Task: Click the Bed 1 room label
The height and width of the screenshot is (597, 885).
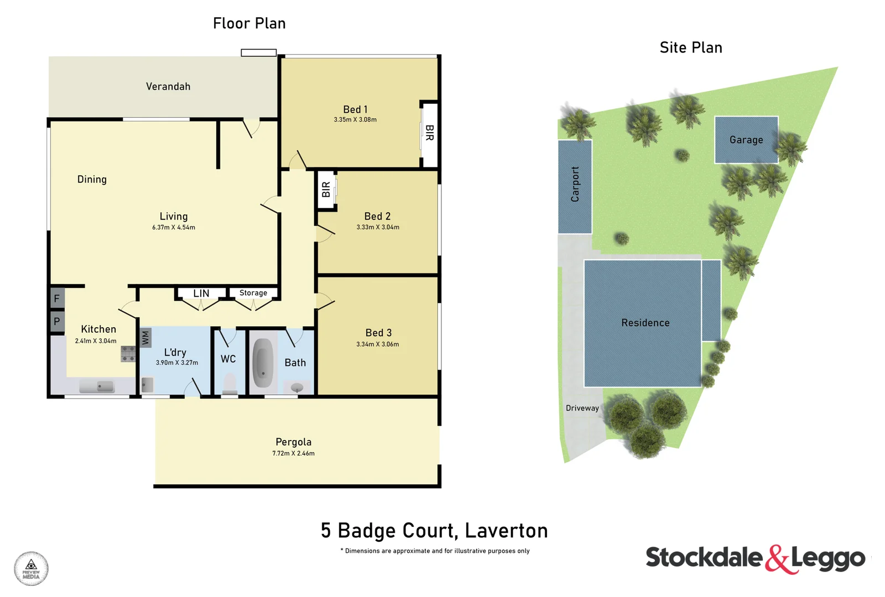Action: point(355,109)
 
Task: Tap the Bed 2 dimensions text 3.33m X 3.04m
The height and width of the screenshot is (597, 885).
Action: point(378,227)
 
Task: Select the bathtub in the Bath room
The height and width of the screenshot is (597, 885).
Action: point(263,363)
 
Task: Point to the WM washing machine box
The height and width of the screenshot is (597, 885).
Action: point(145,337)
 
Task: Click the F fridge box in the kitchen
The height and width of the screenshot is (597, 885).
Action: point(57,298)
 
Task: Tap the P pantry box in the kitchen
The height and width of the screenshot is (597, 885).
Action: point(57,322)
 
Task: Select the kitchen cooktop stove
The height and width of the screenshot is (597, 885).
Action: point(128,354)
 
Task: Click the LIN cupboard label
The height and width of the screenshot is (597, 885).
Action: point(201,294)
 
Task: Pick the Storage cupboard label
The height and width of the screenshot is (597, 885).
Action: point(253,293)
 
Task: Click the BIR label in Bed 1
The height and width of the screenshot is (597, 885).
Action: point(430,133)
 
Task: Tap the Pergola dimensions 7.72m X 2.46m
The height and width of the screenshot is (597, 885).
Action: point(293,453)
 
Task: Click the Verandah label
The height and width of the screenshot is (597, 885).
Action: point(168,87)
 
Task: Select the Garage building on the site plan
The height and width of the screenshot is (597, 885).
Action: point(746,140)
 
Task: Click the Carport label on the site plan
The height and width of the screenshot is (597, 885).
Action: point(575,184)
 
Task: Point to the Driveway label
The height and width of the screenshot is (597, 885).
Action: point(582,408)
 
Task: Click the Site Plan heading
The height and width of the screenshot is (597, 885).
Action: point(691,48)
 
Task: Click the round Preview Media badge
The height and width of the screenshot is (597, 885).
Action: point(31,568)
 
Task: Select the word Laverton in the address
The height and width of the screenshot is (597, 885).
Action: point(506,531)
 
